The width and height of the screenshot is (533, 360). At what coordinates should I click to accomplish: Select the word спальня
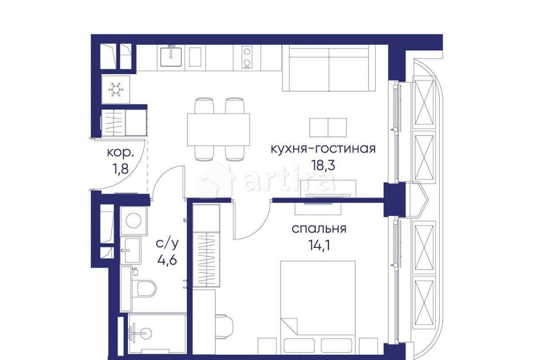point(319,229)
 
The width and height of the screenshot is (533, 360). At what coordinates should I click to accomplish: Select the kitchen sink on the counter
point(172,57)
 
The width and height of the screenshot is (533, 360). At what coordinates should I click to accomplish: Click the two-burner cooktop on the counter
point(247,58)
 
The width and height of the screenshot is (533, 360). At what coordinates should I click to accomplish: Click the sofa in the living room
point(328,68)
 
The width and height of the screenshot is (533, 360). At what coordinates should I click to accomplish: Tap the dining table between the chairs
point(218,129)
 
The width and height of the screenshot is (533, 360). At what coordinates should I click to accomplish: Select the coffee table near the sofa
point(328,127)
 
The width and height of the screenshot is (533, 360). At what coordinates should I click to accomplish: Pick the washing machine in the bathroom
point(131,220)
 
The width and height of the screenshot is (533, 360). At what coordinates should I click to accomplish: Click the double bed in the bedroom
point(318,304)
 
